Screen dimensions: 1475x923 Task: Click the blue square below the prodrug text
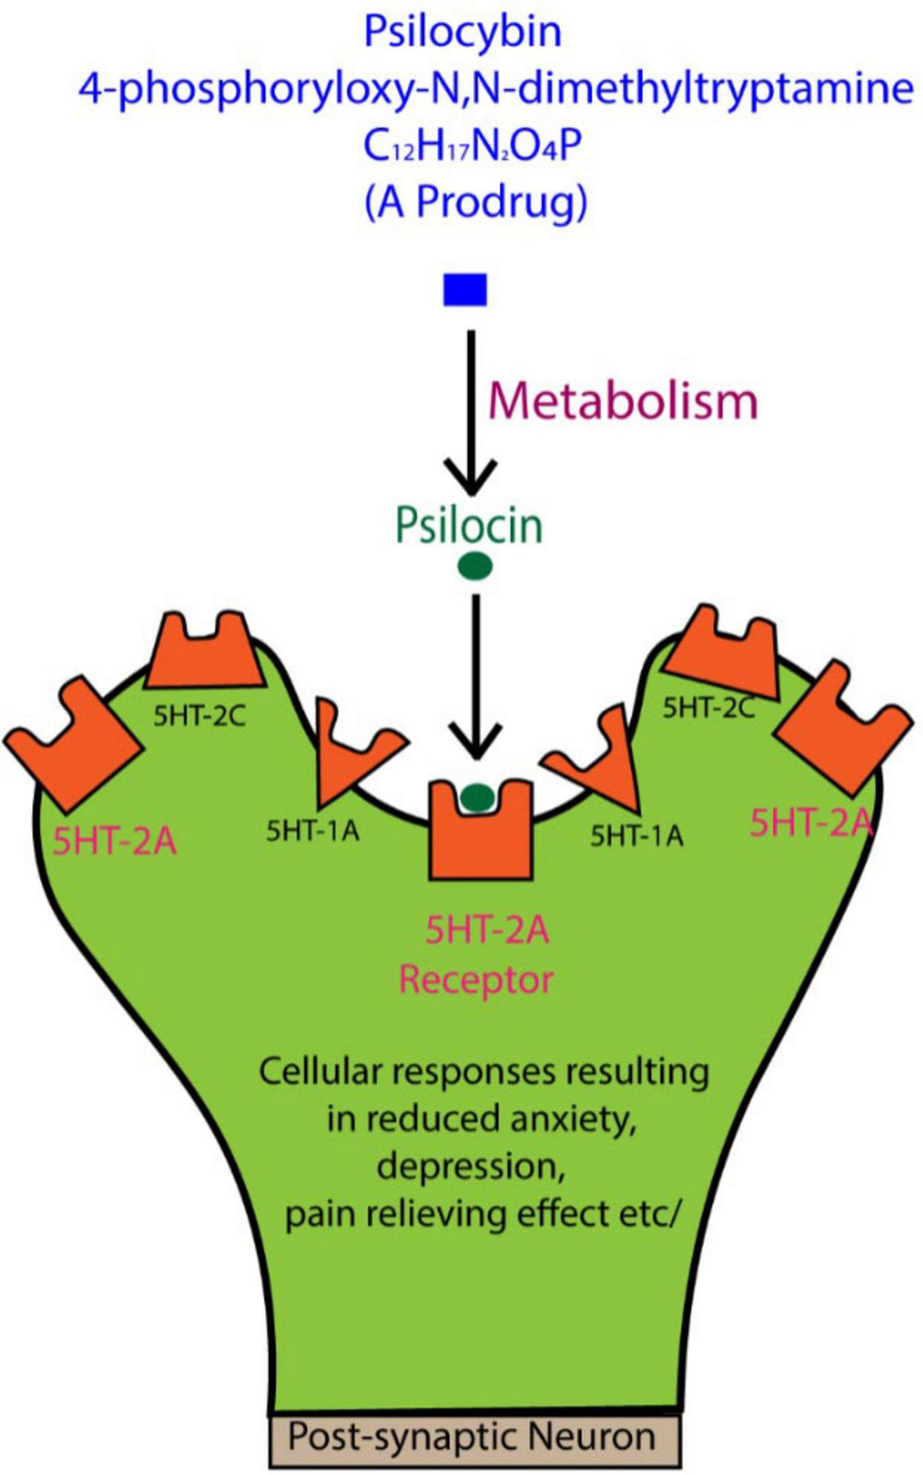[465, 290]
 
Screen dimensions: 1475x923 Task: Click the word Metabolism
[623, 401]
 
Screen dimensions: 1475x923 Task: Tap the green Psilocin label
[469, 526]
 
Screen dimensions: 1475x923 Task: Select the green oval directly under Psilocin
[474, 566]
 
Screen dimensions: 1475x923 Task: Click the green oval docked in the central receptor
[478, 796]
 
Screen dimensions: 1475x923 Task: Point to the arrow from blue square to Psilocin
[471, 409]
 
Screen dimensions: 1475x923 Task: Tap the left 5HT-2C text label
[199, 716]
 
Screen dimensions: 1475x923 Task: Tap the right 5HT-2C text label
[708, 709]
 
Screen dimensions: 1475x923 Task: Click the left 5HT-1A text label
[313, 831]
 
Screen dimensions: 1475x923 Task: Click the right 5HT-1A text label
[636, 836]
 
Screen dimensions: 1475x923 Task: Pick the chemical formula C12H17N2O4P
[473, 146]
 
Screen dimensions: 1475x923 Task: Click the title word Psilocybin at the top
[463, 32]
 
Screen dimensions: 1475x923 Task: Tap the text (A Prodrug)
[475, 202]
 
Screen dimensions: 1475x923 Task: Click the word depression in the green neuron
[471, 1166]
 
